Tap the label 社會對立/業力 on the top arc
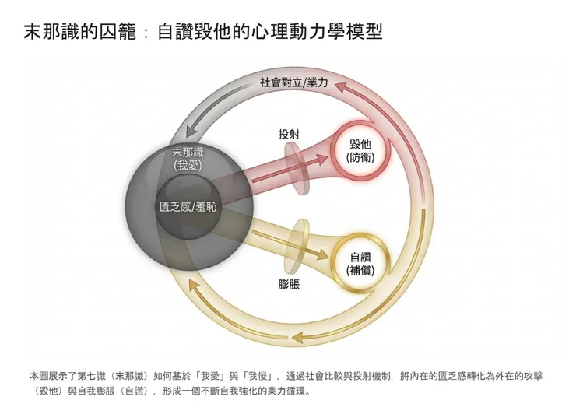click(293, 82)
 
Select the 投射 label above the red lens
click(289, 134)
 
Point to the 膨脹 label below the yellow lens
click(289, 284)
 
